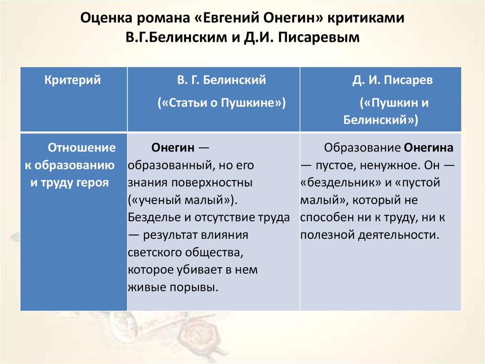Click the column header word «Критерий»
tap(72, 80)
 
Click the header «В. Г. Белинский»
tap(221, 80)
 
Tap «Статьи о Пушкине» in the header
tap(222, 103)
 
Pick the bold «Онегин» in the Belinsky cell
tap(173, 148)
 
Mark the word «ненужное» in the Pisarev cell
tap(383, 165)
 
